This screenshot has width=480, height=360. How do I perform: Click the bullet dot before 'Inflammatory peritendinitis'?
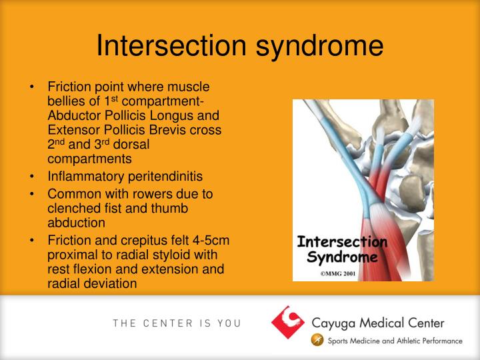click(x=33, y=177)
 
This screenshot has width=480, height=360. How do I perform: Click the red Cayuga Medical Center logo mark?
click(x=287, y=322)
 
